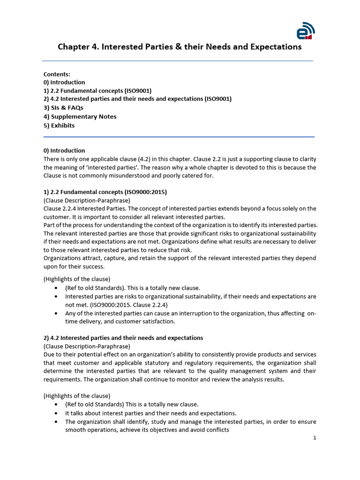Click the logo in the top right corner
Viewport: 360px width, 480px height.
306,30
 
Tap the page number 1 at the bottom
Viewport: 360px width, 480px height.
315,438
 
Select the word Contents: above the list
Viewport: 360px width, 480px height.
57,74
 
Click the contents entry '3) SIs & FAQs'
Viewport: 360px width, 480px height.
63,108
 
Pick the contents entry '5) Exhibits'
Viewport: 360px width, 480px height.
59,125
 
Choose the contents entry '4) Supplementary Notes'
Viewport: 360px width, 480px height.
80,117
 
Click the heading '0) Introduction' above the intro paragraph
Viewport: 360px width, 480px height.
64,150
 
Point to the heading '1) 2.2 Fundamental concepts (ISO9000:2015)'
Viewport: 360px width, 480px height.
105,192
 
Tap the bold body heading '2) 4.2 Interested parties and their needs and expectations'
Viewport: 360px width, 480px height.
123,337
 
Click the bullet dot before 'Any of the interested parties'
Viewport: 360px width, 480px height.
57,313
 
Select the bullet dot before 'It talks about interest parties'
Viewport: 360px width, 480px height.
57,413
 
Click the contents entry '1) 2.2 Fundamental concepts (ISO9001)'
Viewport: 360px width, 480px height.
97,90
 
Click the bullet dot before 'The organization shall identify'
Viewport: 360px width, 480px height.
57,422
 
